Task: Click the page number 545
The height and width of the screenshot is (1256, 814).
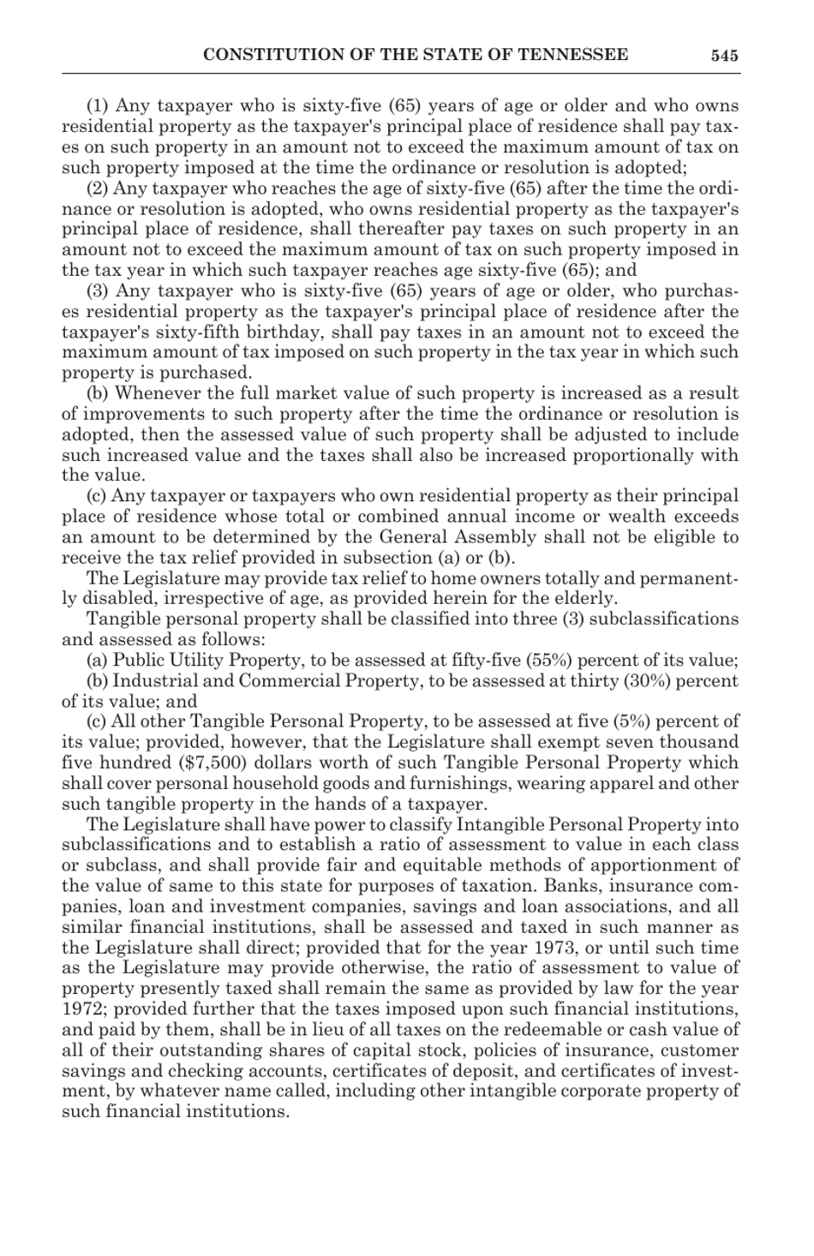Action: [724, 56]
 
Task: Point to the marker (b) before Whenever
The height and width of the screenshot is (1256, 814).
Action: [99, 394]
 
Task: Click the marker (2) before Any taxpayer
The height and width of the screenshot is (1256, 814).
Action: [99, 188]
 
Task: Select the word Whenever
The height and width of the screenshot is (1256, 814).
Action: [157, 394]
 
